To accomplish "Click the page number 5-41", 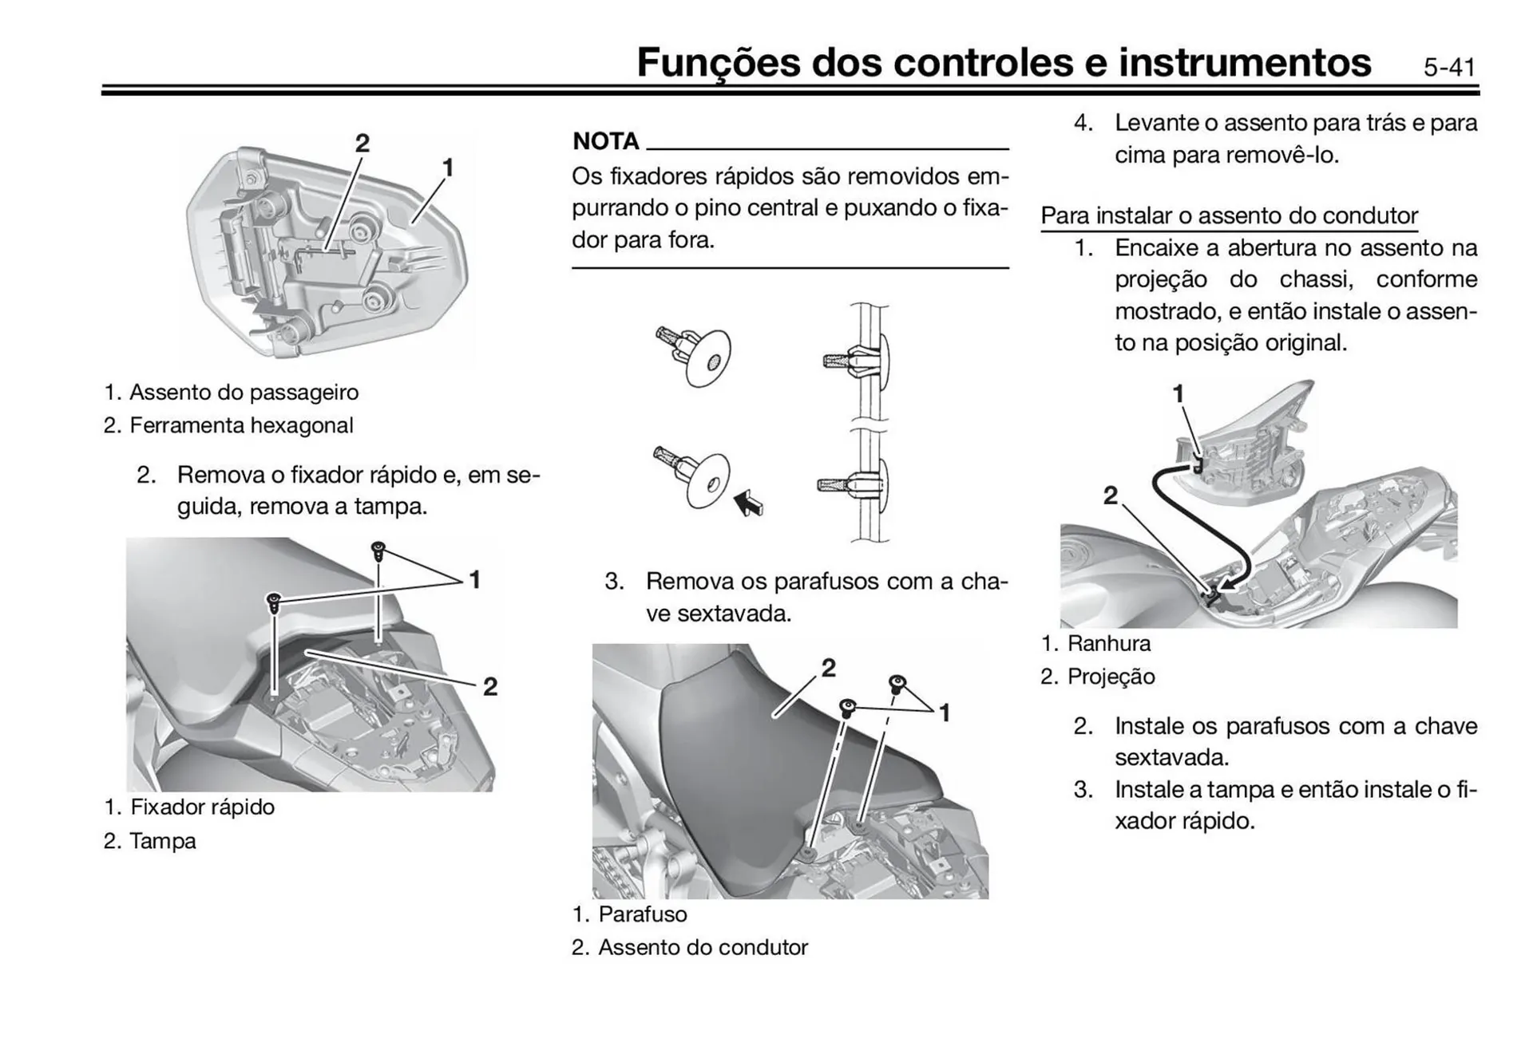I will coord(1449,67).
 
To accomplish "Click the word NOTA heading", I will coord(606,141).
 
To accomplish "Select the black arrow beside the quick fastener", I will coord(748,503).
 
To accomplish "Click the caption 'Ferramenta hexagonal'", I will coord(241,425).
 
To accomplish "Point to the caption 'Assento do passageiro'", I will coord(244,393).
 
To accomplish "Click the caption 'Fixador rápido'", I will coord(202,807).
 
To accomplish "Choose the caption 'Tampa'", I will coord(162,841).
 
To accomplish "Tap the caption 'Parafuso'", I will coord(642,914).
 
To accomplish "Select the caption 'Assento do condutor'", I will coord(703,948).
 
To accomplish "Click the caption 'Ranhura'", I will coord(1108,644).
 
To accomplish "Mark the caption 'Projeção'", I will coord(1111,677).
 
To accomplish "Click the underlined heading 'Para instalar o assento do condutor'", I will coord(1229,215).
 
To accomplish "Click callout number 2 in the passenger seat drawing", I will coord(362,144).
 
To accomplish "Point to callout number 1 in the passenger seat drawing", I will coord(448,168).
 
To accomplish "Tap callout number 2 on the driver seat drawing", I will coord(829,668).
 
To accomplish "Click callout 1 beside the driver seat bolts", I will coord(945,713).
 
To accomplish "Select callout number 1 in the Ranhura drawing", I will coord(1178,394).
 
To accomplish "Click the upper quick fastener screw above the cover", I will coord(378,550).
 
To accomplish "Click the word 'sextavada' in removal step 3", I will coord(734,614).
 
